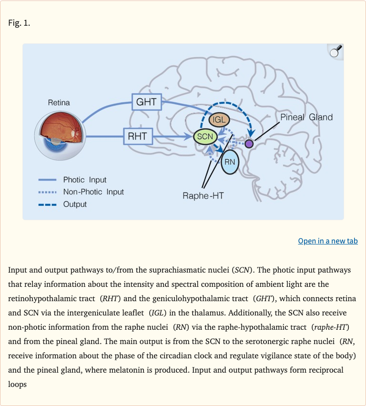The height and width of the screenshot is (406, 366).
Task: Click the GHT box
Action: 147,102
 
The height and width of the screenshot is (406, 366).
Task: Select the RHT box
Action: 138,136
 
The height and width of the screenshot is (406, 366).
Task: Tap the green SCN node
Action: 205,136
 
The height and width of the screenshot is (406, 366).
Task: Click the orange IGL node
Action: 219,120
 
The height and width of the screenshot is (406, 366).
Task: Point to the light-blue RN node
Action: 230,162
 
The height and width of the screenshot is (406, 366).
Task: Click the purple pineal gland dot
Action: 249,144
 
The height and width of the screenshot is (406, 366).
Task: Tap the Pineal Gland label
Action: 306,117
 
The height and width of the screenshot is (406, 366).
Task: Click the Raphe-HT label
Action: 203,196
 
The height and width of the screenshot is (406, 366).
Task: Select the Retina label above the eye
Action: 59,103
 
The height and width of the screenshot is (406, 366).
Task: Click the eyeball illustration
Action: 60,136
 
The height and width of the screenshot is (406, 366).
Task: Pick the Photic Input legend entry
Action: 72,180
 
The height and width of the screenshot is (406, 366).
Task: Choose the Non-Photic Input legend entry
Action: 81,192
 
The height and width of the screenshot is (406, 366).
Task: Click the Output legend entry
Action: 62,204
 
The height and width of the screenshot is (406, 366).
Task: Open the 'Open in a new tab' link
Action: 328,241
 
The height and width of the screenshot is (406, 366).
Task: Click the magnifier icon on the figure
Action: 335,51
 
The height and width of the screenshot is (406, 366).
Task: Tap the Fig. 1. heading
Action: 19,23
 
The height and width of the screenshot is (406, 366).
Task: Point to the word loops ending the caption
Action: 17,384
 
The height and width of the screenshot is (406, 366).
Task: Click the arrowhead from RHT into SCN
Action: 188,136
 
